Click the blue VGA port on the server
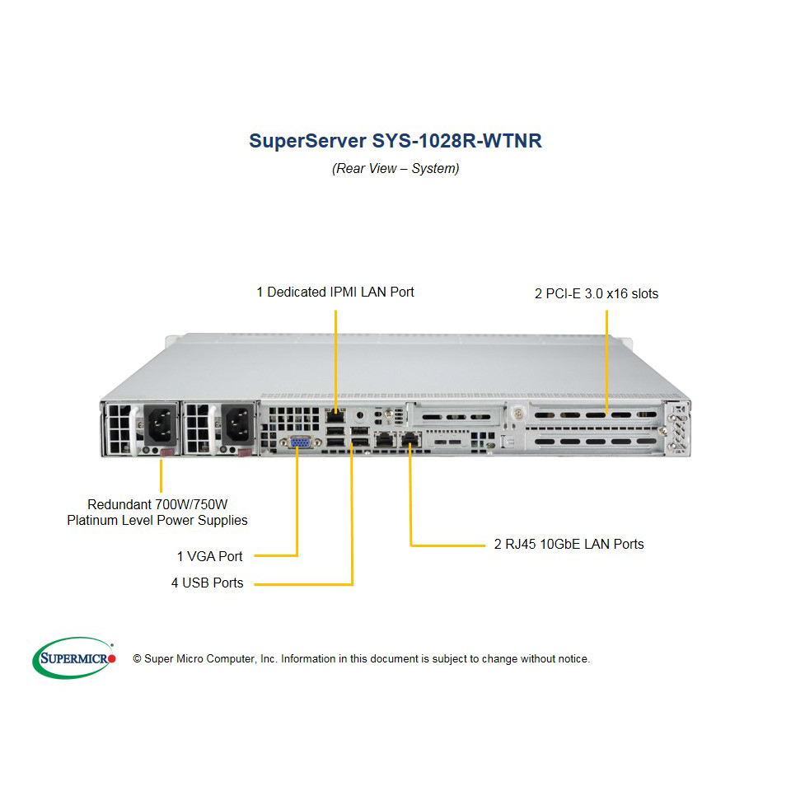pos(301,442)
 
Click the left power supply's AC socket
pos(161,424)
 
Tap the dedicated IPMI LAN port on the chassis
pos(335,416)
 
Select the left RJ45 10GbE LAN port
pos(385,440)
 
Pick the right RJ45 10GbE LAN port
pos(411,440)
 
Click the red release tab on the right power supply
pos(245,452)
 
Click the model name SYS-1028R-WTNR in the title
pos(456,141)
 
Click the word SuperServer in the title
pos(307,141)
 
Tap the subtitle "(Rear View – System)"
pos(395,168)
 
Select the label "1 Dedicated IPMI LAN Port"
pos(335,292)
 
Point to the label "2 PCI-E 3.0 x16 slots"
pos(597,293)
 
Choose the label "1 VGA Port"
pos(210,556)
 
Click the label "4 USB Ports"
pos(208,583)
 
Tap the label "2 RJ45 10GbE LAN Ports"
pos(569,545)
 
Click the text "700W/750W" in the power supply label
pos(191,504)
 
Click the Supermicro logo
pos(74,658)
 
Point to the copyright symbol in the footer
pos(137,659)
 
